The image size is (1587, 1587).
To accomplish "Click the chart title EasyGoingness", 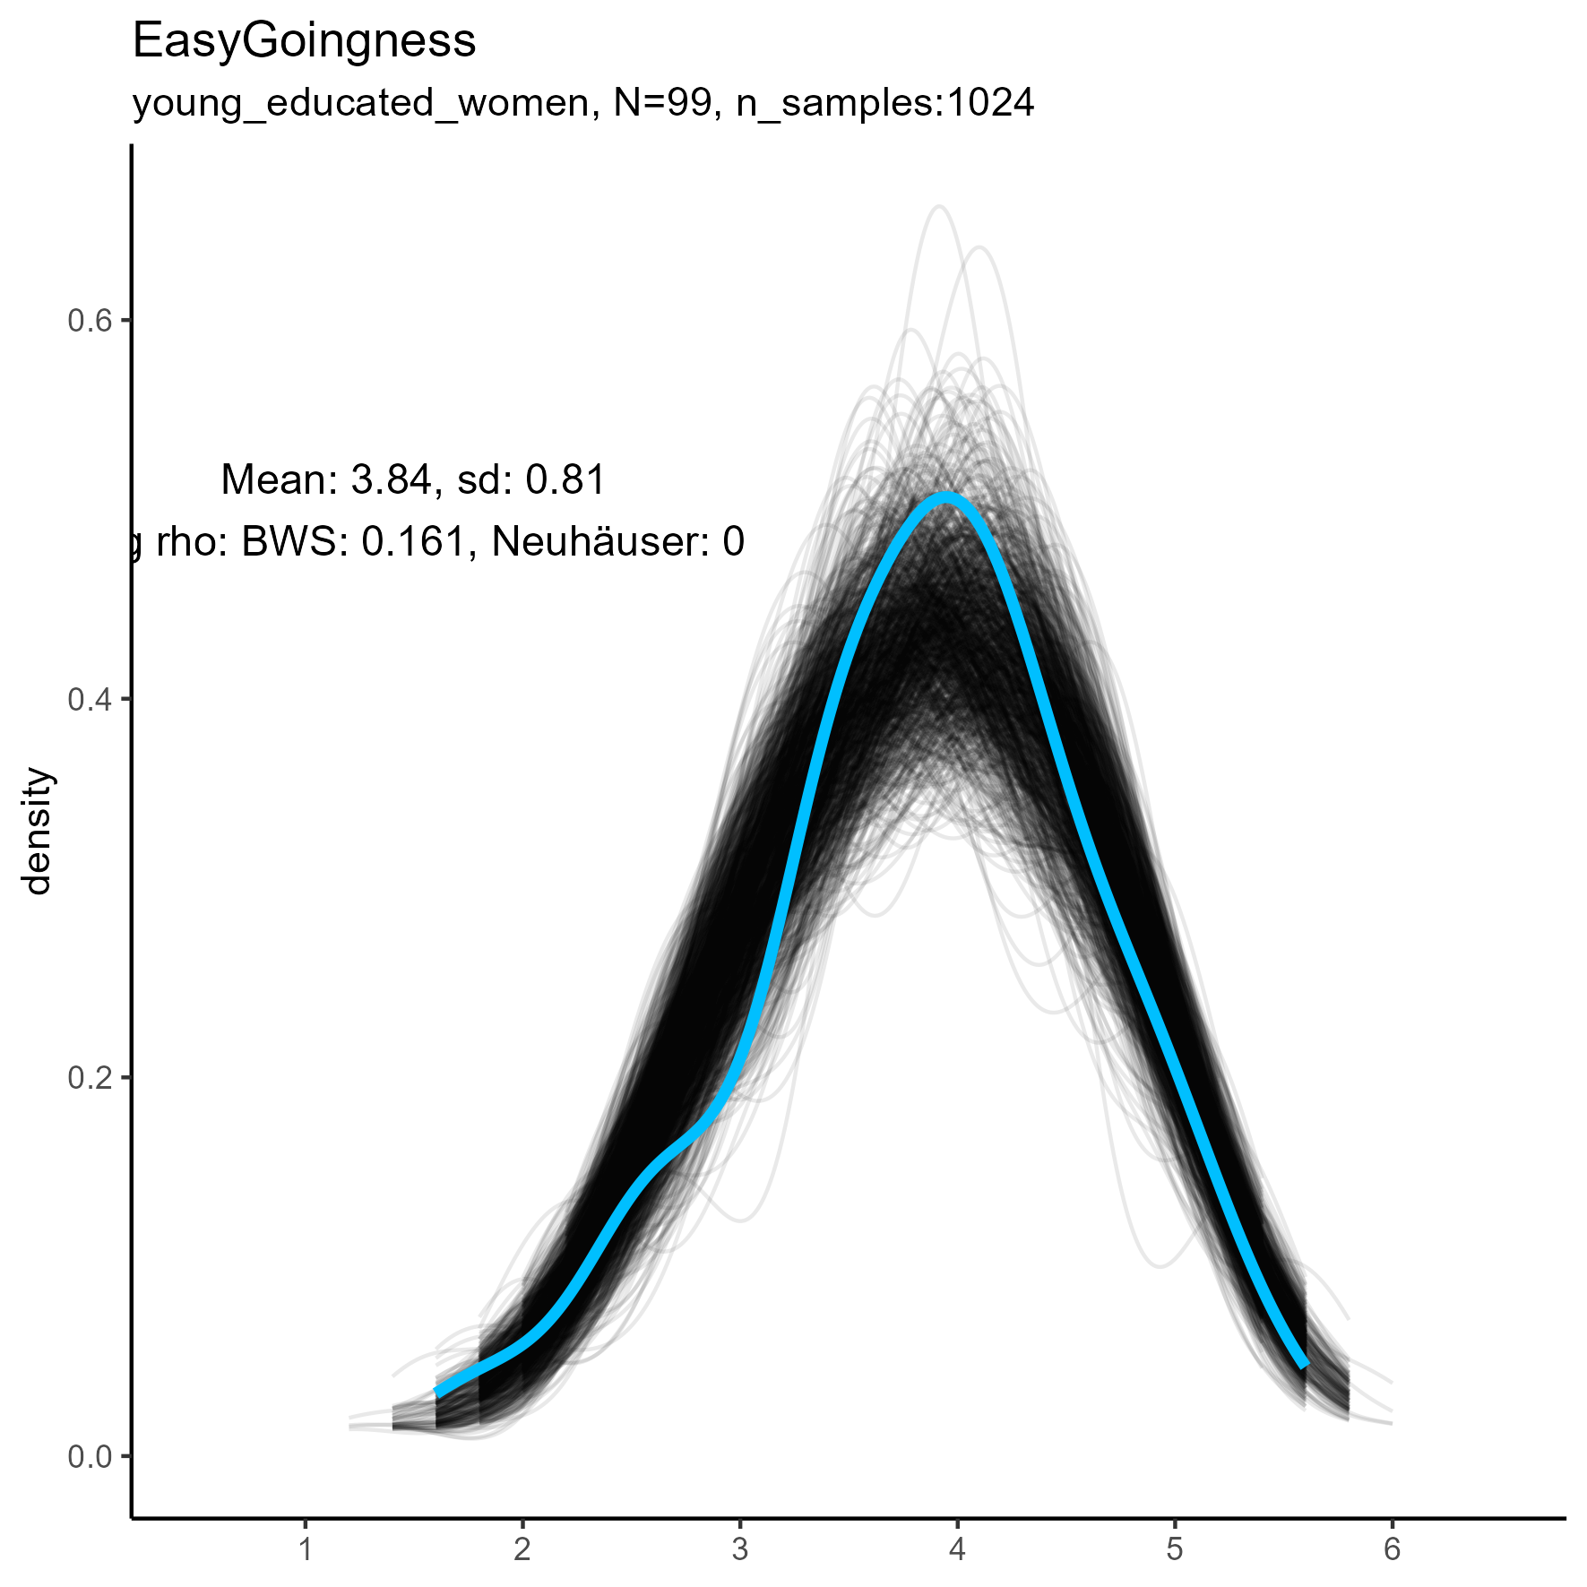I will pyautogui.click(x=304, y=41).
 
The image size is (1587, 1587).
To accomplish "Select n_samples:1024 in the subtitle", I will pyautogui.click(x=884, y=103).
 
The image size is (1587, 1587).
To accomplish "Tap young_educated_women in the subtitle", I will pyautogui.click(x=361, y=105).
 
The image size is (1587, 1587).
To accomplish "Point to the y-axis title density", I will pyautogui.click(x=39, y=831).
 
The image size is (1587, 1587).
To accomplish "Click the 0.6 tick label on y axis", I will pyautogui.click(x=90, y=321).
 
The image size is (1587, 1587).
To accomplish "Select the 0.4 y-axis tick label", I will pyautogui.click(x=90, y=700).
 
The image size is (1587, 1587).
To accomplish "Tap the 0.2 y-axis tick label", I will pyautogui.click(x=90, y=1078).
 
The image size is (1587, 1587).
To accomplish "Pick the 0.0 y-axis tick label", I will pyautogui.click(x=90, y=1457).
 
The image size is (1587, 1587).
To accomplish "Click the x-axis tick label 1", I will pyautogui.click(x=306, y=1548).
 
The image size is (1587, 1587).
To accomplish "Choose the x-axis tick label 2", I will pyautogui.click(x=522, y=1548).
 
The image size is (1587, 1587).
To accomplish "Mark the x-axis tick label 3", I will pyautogui.click(x=740, y=1548).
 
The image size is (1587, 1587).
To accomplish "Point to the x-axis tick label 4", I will pyautogui.click(x=957, y=1548).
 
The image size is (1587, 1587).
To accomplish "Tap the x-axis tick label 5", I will pyautogui.click(x=1175, y=1548).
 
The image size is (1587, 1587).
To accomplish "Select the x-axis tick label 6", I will pyautogui.click(x=1392, y=1548).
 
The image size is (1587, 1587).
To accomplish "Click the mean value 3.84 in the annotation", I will pyautogui.click(x=392, y=480).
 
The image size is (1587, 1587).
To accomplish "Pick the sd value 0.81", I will pyautogui.click(x=565, y=480).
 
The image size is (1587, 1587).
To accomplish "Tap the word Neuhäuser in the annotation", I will pyautogui.click(x=599, y=542).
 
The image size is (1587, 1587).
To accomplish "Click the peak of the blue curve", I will pyautogui.click(x=945, y=497).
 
